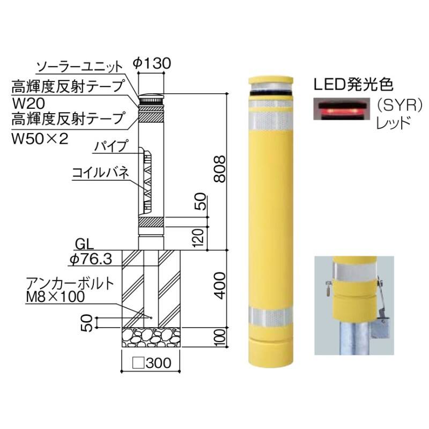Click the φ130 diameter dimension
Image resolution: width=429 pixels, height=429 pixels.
tap(152, 63)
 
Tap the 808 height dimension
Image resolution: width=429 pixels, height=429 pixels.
tap(220, 169)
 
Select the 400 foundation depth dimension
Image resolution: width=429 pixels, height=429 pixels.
tap(220, 285)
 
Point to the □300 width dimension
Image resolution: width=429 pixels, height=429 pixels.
tap(152, 363)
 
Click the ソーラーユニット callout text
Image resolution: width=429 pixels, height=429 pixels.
tap(79, 66)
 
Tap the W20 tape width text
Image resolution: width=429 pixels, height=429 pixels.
tap(28, 103)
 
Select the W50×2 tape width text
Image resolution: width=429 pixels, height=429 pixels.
tap(40, 139)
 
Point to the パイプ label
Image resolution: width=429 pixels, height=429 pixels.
tap(111, 146)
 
